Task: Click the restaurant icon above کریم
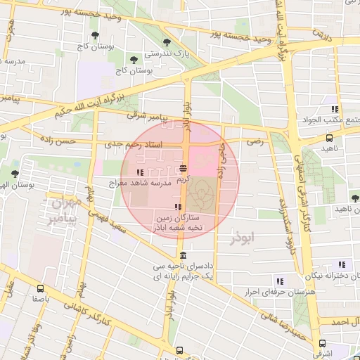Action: coord(184,169)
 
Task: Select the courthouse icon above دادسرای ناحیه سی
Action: coord(184,255)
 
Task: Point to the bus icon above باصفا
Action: coord(40,288)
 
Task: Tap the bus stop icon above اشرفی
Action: coord(322,344)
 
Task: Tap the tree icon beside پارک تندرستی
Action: coord(167,43)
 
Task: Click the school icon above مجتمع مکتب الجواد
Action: coord(335,109)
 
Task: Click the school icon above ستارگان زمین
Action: coord(178,207)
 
